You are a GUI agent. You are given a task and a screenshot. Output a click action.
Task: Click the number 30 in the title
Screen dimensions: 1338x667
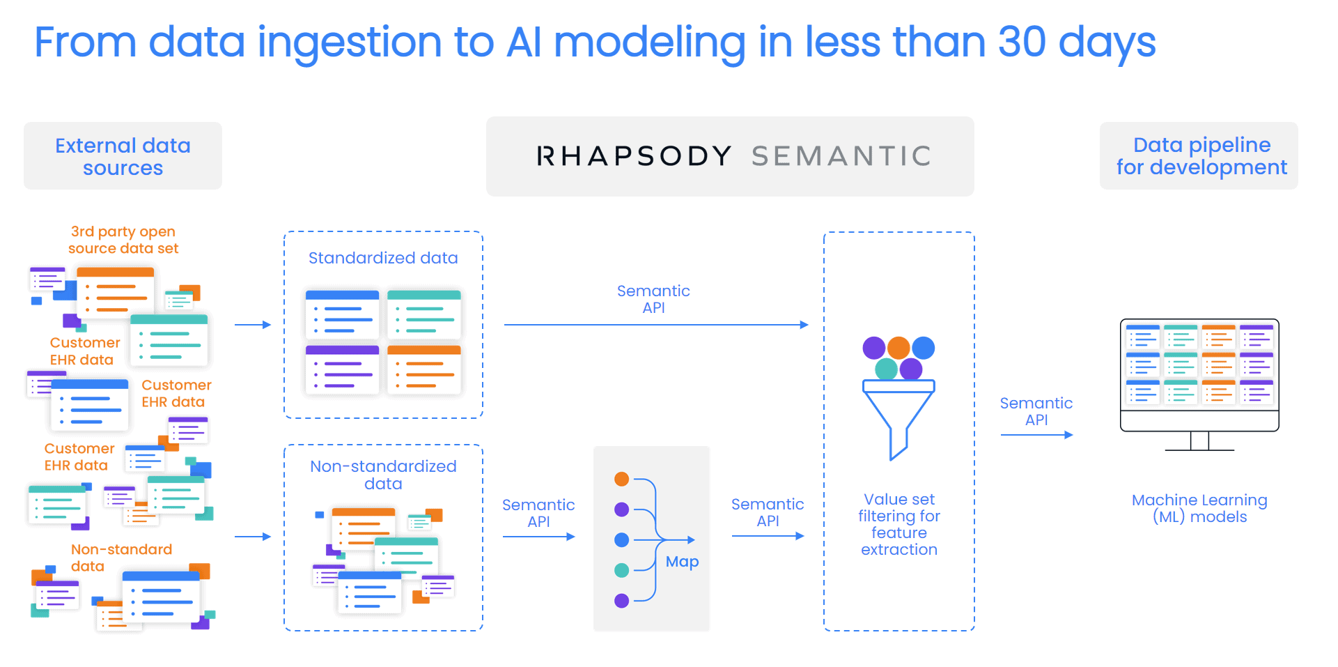click(x=1022, y=42)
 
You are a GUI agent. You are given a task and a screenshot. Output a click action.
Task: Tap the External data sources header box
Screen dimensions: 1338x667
click(x=123, y=155)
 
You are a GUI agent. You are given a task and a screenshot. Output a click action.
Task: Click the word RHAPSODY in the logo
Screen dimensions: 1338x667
click(x=633, y=156)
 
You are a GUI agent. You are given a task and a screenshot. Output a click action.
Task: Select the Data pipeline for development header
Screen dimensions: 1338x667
click(x=1199, y=155)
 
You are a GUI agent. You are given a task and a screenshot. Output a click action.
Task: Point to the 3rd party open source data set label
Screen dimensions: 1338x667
click(x=123, y=240)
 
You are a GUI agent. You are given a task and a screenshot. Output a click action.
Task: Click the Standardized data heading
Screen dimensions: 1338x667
click(x=383, y=258)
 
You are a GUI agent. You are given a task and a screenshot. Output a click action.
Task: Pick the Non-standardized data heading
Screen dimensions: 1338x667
click(x=383, y=475)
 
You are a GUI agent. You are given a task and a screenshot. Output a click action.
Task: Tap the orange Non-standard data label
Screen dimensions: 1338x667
click(x=121, y=558)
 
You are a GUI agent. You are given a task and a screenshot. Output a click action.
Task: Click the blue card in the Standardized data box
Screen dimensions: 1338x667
click(x=342, y=314)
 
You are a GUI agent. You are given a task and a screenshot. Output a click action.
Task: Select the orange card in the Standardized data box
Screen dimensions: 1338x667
click(x=424, y=370)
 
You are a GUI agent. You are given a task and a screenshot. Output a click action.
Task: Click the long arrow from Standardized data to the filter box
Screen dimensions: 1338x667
click(x=656, y=325)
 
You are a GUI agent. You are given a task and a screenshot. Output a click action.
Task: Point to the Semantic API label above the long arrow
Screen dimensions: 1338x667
click(x=653, y=299)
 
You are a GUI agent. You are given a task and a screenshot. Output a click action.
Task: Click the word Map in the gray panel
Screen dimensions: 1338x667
click(x=682, y=562)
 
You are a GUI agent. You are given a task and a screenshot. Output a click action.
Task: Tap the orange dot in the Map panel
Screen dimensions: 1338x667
click(x=622, y=479)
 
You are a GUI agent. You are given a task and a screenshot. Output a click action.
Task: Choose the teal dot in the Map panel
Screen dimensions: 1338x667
click(x=622, y=570)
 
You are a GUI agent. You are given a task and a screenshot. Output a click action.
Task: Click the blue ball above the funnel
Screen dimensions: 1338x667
click(x=924, y=348)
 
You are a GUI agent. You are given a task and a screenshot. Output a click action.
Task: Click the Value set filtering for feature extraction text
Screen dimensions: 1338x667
click(x=899, y=524)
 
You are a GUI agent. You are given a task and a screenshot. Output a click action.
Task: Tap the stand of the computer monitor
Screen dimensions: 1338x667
click(x=1199, y=441)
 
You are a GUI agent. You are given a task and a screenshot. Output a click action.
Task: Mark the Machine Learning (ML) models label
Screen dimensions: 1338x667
click(x=1199, y=508)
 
